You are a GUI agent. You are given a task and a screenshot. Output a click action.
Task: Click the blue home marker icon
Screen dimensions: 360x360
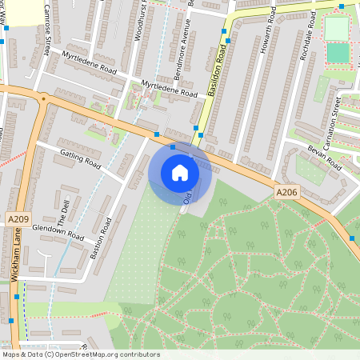[180, 173]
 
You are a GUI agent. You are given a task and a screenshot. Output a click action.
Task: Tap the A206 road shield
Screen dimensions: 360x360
[286, 193]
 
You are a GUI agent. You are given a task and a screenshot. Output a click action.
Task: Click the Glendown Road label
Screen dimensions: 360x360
[58, 232]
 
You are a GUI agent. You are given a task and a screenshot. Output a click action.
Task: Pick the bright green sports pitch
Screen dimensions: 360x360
[338, 54]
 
